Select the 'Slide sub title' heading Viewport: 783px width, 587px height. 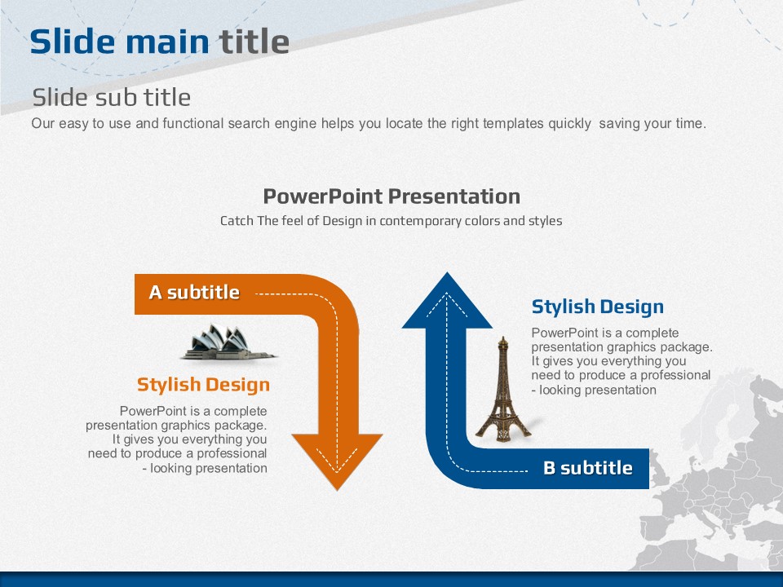pos(112,97)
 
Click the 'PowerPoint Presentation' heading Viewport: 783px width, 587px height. pos(391,196)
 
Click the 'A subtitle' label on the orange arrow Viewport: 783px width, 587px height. pos(194,292)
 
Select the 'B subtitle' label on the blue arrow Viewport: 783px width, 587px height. pos(588,468)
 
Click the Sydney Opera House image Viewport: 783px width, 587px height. pos(229,342)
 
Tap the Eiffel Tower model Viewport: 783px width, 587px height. pos(503,390)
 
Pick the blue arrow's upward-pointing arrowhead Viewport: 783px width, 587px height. pos(447,301)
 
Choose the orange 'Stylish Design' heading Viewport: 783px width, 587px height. pos(203,384)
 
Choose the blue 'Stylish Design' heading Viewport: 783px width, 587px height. pos(598,307)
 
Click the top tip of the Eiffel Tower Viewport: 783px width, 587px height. pos(503,337)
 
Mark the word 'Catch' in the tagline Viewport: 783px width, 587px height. pos(237,221)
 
